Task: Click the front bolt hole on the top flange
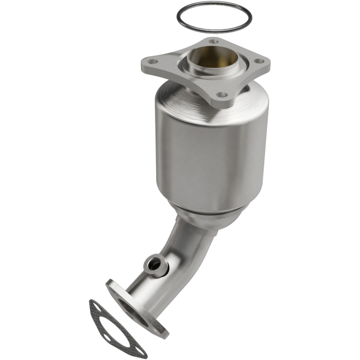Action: click(x=221, y=95)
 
